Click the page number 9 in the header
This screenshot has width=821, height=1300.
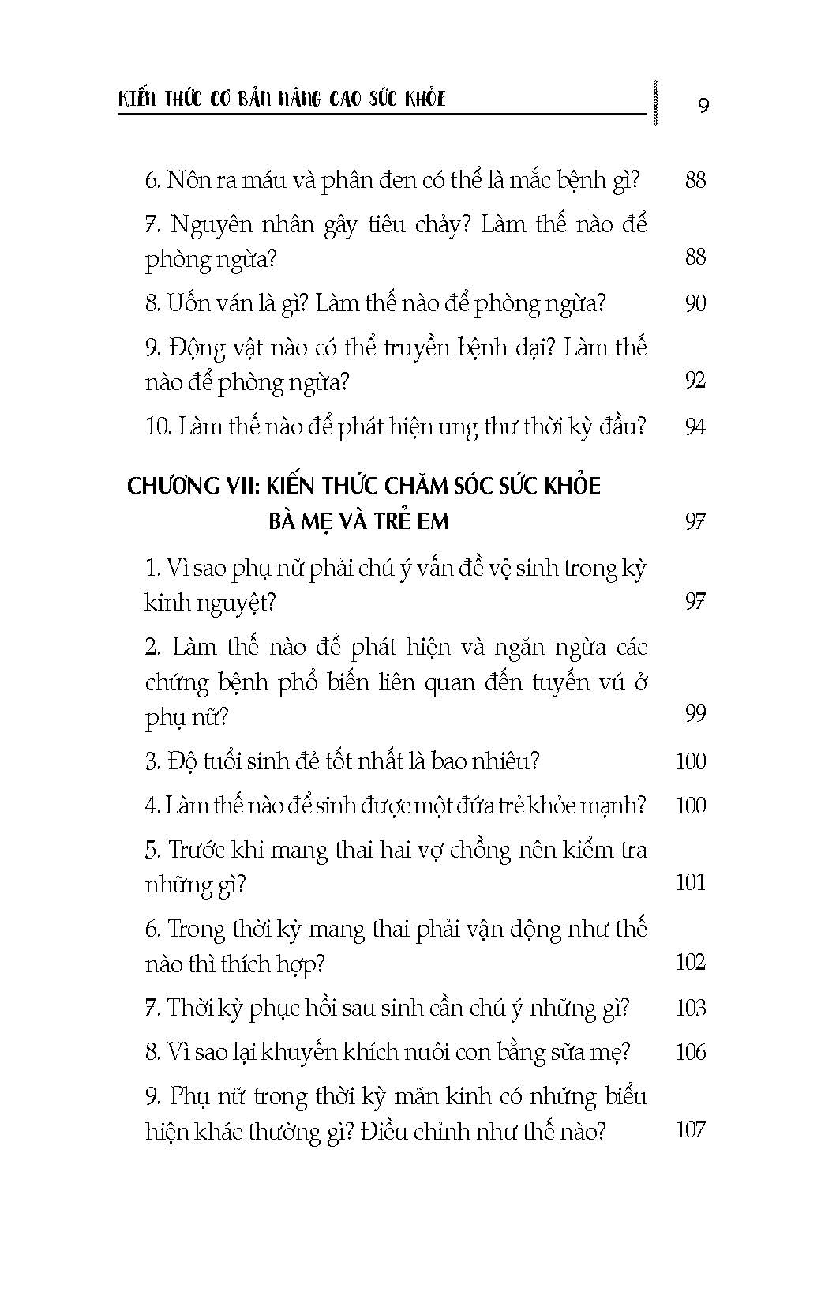pos(703,105)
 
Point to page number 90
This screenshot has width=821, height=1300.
pos(695,303)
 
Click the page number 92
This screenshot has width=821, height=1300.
pos(695,381)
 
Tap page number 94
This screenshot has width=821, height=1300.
pos(695,427)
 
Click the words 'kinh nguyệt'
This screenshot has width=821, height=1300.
pos(210,603)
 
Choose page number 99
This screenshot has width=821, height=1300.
pos(695,714)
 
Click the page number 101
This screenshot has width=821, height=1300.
pos(691,882)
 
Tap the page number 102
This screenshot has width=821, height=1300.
pos(691,962)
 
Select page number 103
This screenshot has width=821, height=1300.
pos(691,1008)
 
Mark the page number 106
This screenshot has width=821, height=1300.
pos(691,1052)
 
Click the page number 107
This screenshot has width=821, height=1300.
pos(691,1129)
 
